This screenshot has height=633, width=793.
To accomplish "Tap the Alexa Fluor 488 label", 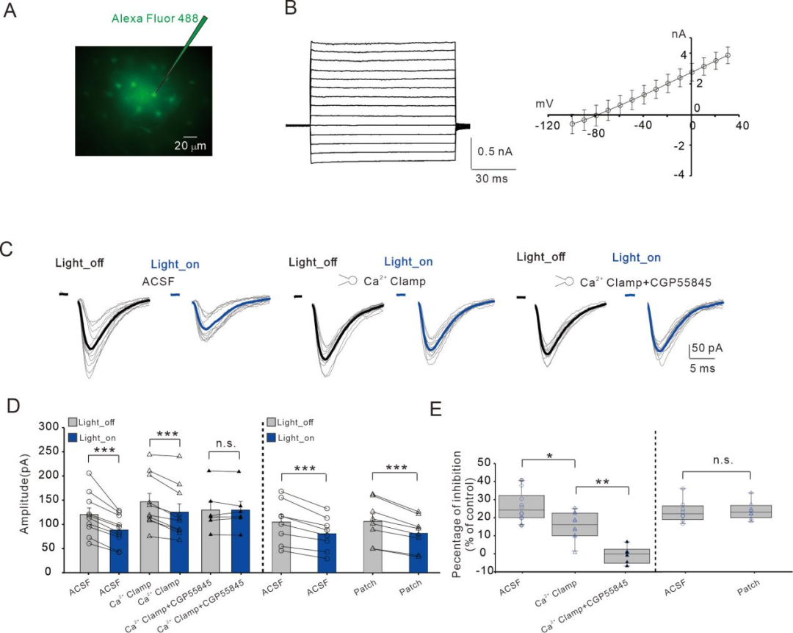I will click(x=154, y=18).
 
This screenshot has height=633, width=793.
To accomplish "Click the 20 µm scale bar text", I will click(x=189, y=146).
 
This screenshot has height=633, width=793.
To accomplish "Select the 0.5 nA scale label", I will click(x=495, y=151).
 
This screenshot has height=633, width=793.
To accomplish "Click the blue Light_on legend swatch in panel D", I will click(x=74, y=437).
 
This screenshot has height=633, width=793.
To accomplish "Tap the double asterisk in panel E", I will click(x=602, y=482).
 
